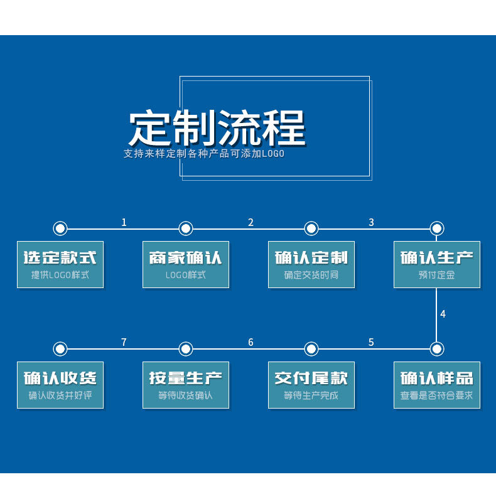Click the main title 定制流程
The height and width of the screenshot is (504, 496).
217,128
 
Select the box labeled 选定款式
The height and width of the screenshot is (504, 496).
60,264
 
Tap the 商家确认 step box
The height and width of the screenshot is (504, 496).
186,264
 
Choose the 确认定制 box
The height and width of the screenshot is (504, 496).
311,264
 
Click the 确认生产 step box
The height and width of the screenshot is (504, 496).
437,264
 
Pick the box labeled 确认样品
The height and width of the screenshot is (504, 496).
437,385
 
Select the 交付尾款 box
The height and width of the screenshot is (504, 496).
311,385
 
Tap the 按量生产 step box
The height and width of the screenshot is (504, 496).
186,385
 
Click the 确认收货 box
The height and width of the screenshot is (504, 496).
60,385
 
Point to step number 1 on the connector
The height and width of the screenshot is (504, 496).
124,222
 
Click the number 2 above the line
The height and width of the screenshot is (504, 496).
251,222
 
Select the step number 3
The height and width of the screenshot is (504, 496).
371,222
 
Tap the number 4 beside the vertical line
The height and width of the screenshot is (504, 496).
443,314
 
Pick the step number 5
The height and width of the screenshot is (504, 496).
371,342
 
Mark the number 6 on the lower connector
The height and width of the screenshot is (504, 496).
251,342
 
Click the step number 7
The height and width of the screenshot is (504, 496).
124,342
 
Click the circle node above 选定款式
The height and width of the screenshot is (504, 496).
60,228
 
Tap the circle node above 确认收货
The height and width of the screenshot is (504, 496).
60,349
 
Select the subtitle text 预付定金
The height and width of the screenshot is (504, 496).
437,275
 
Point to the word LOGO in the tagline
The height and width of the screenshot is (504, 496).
273,154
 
